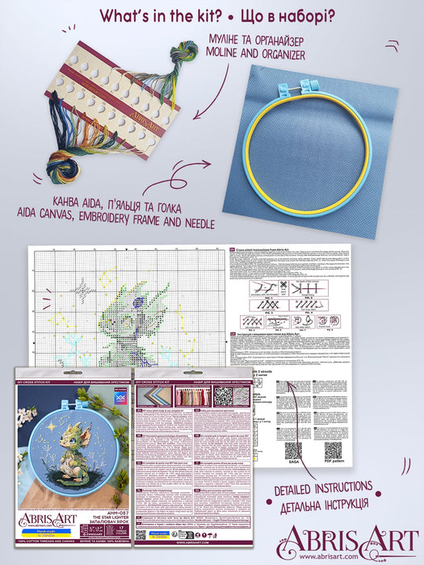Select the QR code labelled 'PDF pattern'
[333, 450]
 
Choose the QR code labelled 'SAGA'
[292, 450]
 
